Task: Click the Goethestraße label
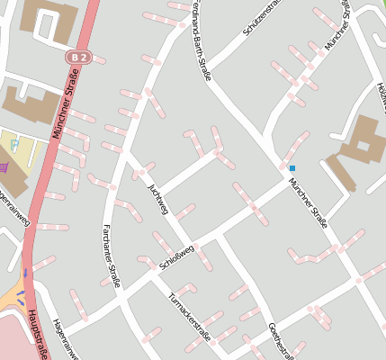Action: point(280,338)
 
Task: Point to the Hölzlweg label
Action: point(382,90)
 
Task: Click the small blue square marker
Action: point(292,167)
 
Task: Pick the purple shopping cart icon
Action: point(4,166)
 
